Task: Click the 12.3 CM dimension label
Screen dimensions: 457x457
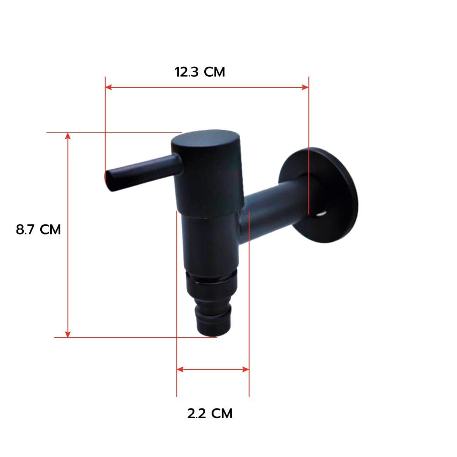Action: tap(200, 72)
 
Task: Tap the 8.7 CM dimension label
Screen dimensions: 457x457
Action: tap(38, 229)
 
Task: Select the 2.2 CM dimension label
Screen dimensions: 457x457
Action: tap(210, 414)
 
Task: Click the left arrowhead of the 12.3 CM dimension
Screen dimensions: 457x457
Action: tap(108, 87)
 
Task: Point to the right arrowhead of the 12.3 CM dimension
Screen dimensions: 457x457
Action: tap(305, 87)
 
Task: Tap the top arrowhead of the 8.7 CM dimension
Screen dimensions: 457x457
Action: tap(68, 136)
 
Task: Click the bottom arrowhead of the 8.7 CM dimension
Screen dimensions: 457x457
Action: tap(68, 334)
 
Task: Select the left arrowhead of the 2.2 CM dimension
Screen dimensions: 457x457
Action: tap(180, 369)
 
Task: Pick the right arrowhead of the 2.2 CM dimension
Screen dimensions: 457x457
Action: tap(246, 369)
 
